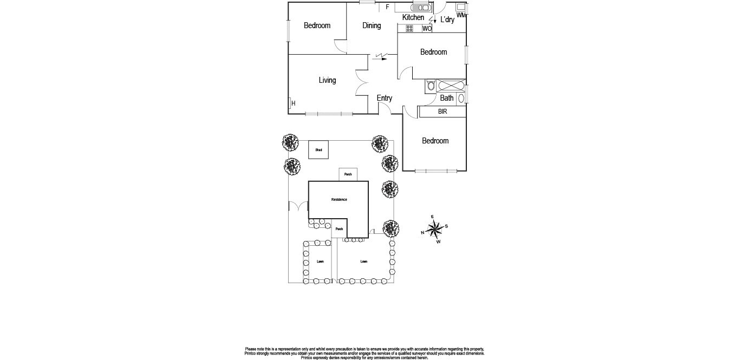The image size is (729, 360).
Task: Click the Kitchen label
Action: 413,17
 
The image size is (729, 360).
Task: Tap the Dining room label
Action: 372,25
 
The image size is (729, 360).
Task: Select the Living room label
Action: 327,80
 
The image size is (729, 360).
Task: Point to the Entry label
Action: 384,98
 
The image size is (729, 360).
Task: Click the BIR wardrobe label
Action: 442,112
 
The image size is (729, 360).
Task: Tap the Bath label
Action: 447,98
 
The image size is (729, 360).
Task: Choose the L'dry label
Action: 447,20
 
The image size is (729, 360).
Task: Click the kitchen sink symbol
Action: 421,8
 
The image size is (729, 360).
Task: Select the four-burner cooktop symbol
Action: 409,28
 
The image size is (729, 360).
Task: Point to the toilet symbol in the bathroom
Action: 430,86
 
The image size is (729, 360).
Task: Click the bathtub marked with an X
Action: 451,86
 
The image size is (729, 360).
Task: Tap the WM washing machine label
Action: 461,15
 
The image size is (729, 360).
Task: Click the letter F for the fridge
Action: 387,7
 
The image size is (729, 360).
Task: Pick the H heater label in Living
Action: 293,103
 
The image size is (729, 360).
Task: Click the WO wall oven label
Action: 427,29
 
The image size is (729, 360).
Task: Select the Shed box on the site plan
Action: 319,150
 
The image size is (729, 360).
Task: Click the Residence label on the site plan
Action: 339,199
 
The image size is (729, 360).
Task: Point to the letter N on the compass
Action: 422,233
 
